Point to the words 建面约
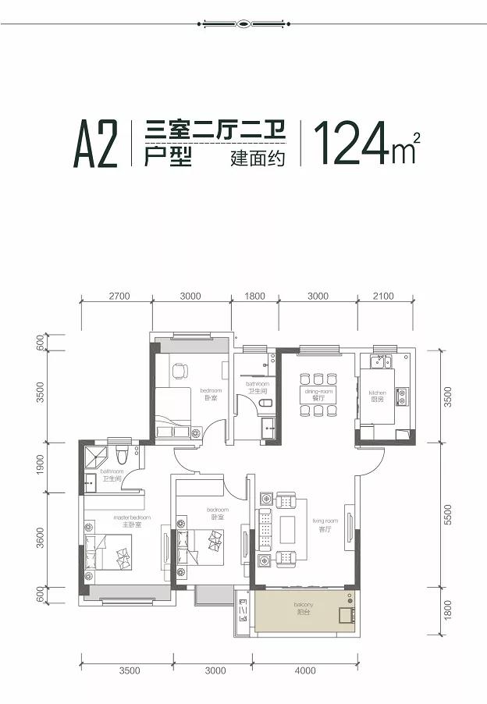coord(254,158)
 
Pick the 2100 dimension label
coord(383,297)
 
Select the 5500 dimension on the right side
coord(448,513)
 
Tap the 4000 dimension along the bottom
coord(305,670)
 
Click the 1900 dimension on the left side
coord(41,466)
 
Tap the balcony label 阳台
coord(303,613)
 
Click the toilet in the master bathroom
coord(120,454)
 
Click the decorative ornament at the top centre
coord(243,23)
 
